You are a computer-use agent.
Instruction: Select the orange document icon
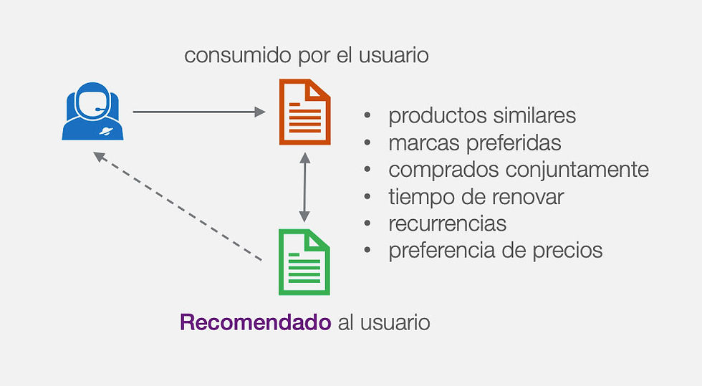(x=304, y=112)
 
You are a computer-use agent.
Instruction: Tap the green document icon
(x=304, y=261)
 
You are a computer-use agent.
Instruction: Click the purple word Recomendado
(x=255, y=322)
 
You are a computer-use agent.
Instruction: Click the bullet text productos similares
(x=482, y=115)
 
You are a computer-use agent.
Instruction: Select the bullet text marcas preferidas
(x=474, y=143)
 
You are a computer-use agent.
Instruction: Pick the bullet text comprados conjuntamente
(x=519, y=170)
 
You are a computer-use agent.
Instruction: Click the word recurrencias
(x=447, y=223)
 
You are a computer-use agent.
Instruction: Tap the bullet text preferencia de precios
(x=495, y=251)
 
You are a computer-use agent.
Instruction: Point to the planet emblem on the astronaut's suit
(x=107, y=131)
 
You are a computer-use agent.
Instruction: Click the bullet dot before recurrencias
(x=368, y=223)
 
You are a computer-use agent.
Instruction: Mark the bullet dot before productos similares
(x=368, y=115)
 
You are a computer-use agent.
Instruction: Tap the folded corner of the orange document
(x=320, y=88)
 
